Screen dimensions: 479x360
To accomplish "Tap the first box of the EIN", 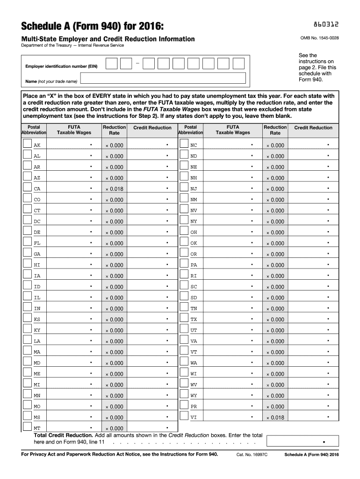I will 111,64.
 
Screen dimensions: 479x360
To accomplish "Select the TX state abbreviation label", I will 194,319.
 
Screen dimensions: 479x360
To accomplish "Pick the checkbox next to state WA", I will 184,361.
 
